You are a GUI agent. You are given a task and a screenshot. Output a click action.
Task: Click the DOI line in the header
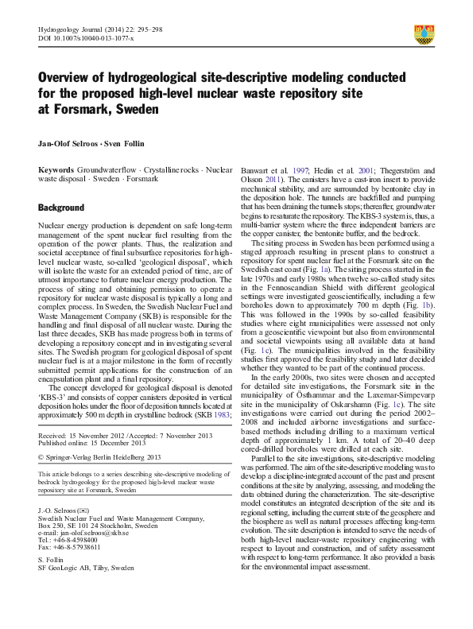click(x=85, y=37)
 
